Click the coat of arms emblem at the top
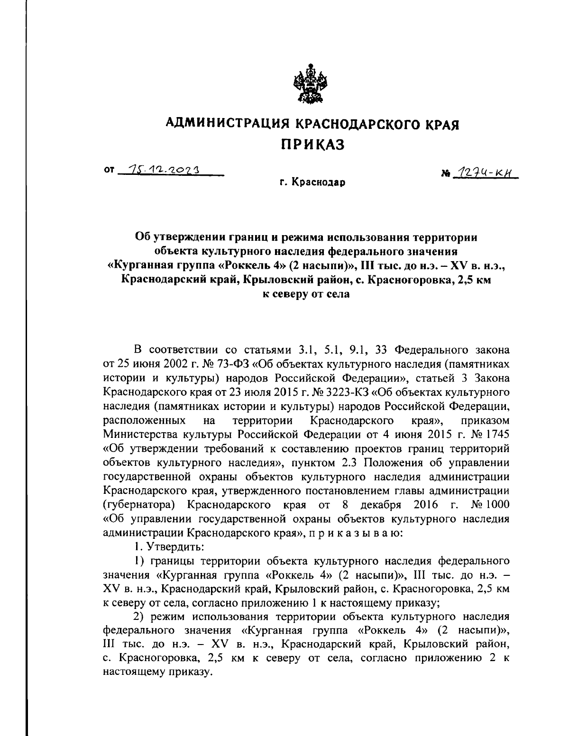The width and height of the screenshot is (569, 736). click(307, 85)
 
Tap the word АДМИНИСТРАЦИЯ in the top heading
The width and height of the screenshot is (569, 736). click(227, 124)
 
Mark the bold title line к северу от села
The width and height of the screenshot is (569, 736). click(306, 294)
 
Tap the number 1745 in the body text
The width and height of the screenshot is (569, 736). click(495, 434)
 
